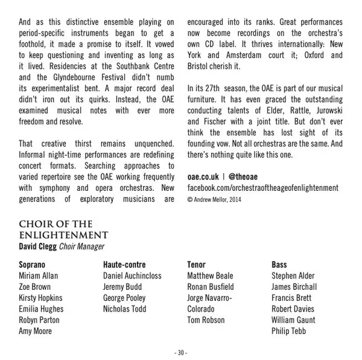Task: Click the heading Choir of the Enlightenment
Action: [63, 230]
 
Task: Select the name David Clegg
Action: [38, 246]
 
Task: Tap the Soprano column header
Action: [33, 265]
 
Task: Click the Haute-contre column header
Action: [124, 265]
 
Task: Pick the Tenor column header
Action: [197, 265]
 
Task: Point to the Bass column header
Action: [279, 265]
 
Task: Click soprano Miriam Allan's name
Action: [39, 276]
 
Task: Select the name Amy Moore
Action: [36, 331]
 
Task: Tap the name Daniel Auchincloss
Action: [132, 276]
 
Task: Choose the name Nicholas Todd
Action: [125, 309]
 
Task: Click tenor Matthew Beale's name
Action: [210, 276]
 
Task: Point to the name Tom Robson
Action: [206, 320]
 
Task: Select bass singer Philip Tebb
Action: [289, 331]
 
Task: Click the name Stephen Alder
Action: [293, 276]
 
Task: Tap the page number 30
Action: [181, 352]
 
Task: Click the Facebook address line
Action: [263, 188]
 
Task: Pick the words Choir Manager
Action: [81, 246]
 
